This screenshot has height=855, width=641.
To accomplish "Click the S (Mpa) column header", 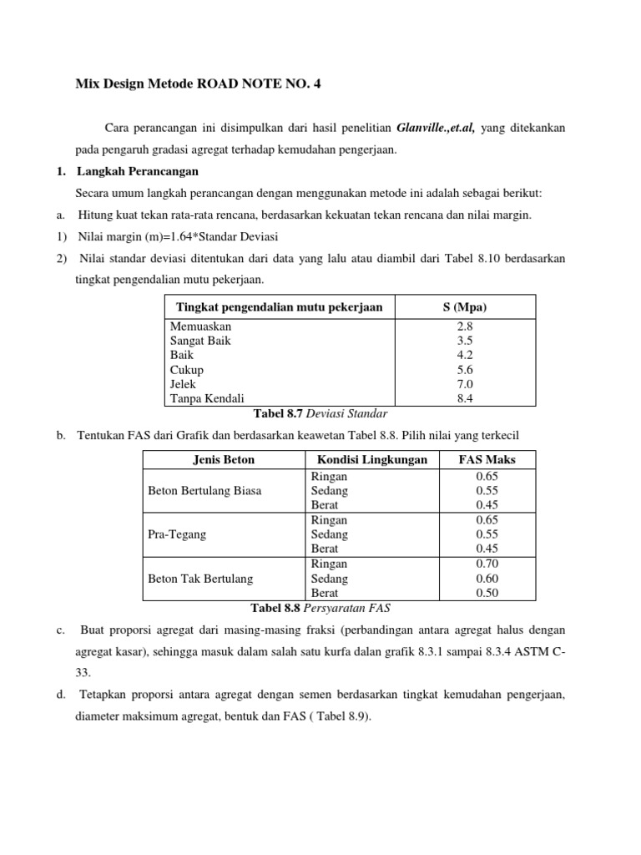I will (465, 307).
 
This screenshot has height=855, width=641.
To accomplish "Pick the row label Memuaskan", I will (201, 327).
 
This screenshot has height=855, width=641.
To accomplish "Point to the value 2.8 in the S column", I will (465, 327).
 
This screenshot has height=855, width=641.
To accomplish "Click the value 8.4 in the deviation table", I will (465, 399).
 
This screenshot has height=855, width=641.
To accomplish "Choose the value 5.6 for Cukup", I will (465, 370).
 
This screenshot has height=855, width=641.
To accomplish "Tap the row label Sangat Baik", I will (200, 341).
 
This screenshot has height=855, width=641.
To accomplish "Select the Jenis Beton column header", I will (224, 459).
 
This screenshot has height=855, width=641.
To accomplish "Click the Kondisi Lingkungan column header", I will (371, 459).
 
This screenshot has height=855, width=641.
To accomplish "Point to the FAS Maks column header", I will (487, 459).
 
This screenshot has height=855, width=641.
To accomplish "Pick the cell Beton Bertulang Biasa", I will (204, 491).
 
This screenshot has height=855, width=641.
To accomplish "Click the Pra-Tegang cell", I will (177, 534).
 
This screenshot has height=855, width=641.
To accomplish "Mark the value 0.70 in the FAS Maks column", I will (487, 564).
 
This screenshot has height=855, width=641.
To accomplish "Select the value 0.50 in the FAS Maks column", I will (487, 593).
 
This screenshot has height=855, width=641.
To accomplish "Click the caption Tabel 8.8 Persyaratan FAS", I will (320, 607).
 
